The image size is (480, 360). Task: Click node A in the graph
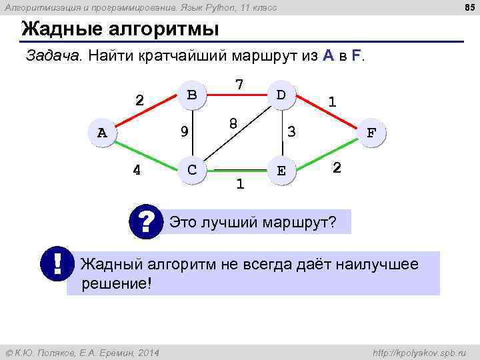(x=101, y=132)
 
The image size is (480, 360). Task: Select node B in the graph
(x=192, y=95)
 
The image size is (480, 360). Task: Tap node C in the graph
(x=192, y=169)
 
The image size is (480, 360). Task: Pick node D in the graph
(x=281, y=95)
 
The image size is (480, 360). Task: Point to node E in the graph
(x=281, y=170)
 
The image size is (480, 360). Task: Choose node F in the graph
(x=371, y=132)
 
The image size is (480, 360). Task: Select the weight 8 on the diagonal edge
(x=233, y=124)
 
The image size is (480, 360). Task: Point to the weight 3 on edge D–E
(x=291, y=132)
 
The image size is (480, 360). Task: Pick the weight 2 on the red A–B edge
(x=139, y=101)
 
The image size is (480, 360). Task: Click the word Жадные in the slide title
(x=60, y=30)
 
